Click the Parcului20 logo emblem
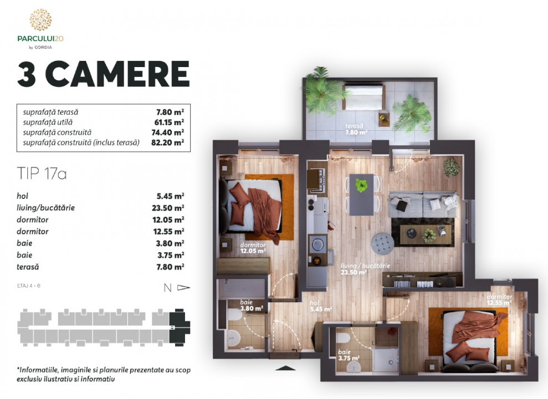[x=40, y=20]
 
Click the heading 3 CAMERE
[x=103, y=75]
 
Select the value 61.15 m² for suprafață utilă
[x=170, y=122]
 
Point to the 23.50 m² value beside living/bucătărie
[x=170, y=208]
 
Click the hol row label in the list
[x=22, y=196]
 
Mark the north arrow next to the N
[x=184, y=288]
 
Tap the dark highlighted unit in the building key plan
[x=178, y=326]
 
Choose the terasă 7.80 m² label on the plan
[x=356, y=129]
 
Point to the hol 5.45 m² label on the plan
[x=321, y=306]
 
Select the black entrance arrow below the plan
[x=282, y=367]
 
